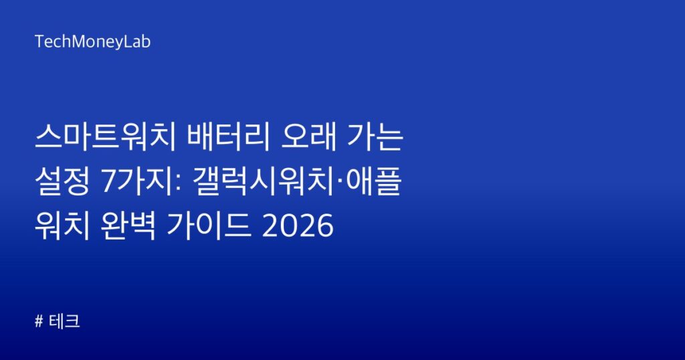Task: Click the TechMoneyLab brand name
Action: tap(92, 42)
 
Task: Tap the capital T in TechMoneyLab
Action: tap(39, 41)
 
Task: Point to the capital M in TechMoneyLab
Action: tap(78, 41)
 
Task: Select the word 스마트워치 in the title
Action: tap(105, 137)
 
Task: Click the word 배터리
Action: tap(227, 137)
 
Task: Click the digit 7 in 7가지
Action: tap(108, 182)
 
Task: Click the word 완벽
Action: tap(128, 226)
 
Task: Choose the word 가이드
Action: tap(209, 226)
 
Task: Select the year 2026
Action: tap(297, 226)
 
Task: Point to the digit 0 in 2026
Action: tap(288, 226)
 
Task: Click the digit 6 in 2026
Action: tap(324, 226)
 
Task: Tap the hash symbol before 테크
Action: tap(39, 322)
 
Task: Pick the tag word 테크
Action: tap(64, 321)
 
